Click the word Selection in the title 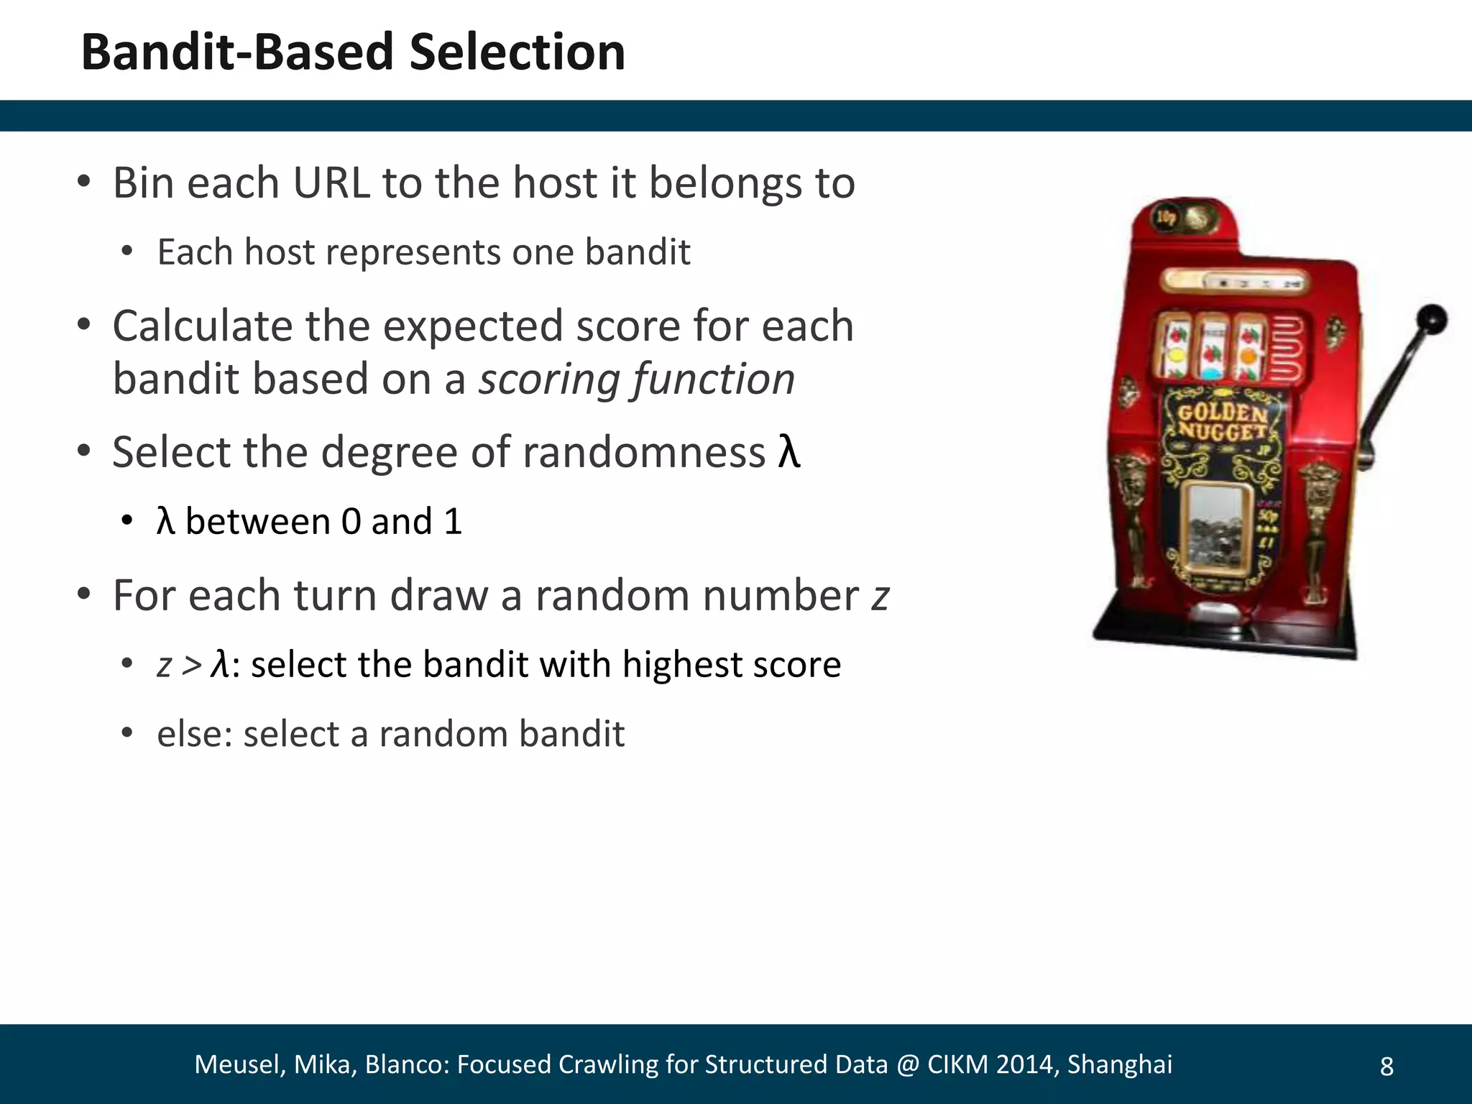pyautogui.click(x=517, y=53)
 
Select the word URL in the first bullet pyautogui.click(x=331, y=183)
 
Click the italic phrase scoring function pyautogui.click(x=637, y=379)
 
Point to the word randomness pyautogui.click(x=643, y=453)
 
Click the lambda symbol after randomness pyautogui.click(x=788, y=453)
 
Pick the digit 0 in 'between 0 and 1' pyautogui.click(x=351, y=522)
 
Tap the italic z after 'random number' pyautogui.click(x=880, y=597)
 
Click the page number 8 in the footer pyautogui.click(x=1386, y=1067)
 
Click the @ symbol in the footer pyautogui.click(x=907, y=1064)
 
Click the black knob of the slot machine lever pyautogui.click(x=1431, y=319)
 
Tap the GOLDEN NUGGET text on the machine pyautogui.click(x=1222, y=422)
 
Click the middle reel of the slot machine pyautogui.click(x=1214, y=346)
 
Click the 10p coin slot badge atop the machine pyautogui.click(x=1164, y=218)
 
